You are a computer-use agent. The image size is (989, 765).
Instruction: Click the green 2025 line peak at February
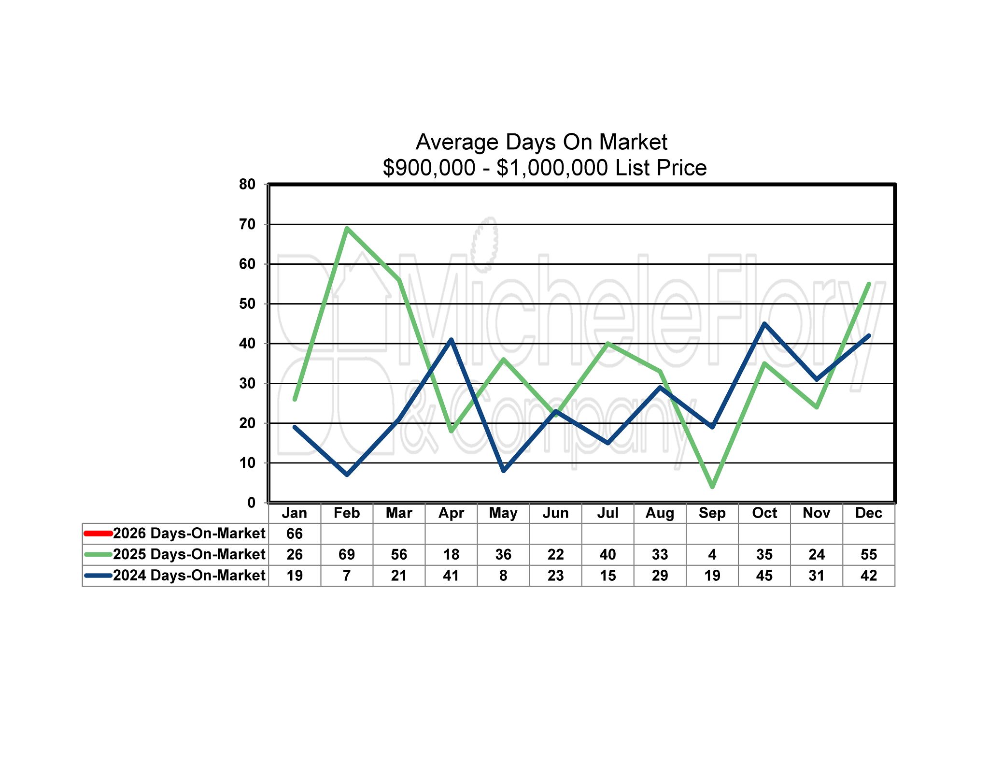[347, 228]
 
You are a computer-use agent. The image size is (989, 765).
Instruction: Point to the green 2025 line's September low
[712, 487]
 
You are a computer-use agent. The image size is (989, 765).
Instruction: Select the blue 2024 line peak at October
[764, 324]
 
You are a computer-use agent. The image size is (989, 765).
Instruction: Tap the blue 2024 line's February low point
[347, 475]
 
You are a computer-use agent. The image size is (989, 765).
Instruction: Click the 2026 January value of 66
[295, 534]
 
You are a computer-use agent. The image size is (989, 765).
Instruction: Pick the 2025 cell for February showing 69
[347, 554]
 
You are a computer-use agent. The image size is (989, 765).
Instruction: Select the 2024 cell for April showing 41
[451, 576]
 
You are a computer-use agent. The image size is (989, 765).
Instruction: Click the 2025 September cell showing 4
[712, 554]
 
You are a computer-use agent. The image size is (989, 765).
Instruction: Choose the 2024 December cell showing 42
[869, 576]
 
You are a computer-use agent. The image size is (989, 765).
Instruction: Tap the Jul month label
[608, 513]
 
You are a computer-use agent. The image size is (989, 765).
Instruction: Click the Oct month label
[764, 513]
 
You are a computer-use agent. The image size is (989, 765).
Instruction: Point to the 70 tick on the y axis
[247, 224]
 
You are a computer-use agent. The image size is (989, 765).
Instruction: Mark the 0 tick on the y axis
[251, 503]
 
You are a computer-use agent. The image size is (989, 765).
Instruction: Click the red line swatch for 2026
[98, 534]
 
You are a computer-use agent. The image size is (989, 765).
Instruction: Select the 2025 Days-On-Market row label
[189, 554]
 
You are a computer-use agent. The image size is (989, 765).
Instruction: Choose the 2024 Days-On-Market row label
[189, 576]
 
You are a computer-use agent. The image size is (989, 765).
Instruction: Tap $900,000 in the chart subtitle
[429, 168]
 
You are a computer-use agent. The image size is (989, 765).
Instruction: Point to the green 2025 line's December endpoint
[869, 284]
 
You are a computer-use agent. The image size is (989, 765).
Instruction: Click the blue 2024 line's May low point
[504, 471]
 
